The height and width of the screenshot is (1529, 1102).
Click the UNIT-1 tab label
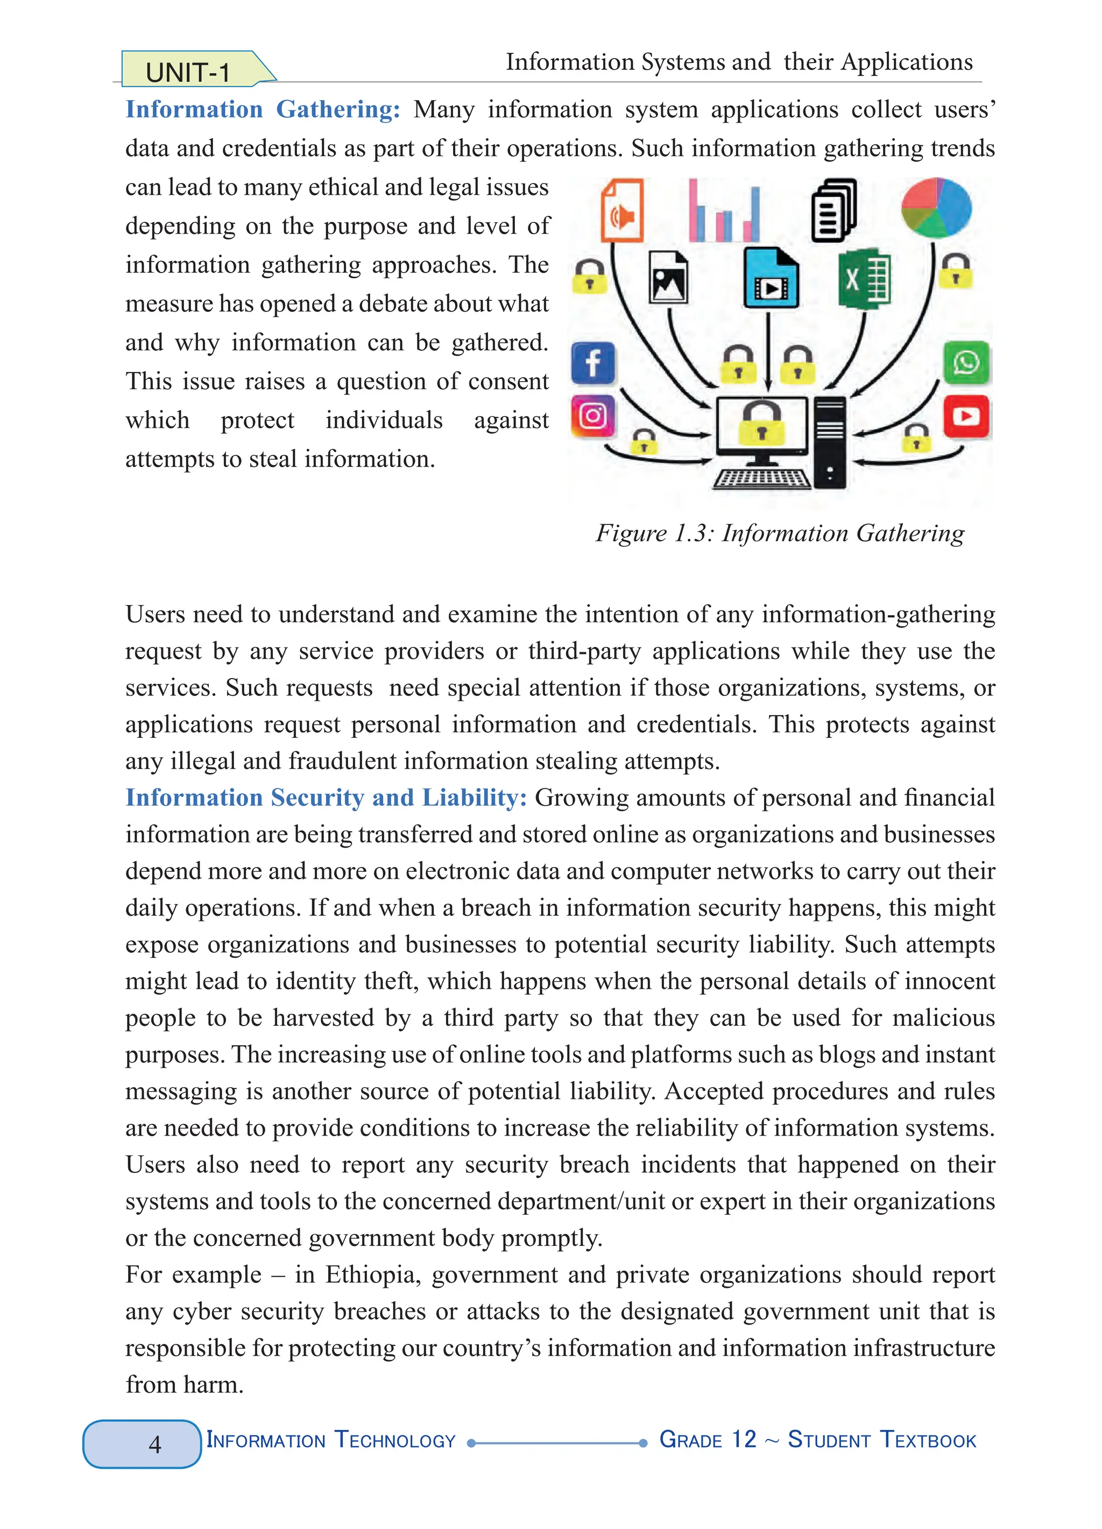[x=188, y=72]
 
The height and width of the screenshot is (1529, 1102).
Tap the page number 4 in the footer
[x=154, y=1444]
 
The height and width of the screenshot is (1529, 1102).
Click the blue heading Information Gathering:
[x=263, y=109]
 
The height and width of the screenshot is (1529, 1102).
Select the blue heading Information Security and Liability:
[x=326, y=798]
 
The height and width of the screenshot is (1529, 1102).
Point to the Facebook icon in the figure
[x=593, y=363]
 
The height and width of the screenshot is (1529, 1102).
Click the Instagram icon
[x=593, y=416]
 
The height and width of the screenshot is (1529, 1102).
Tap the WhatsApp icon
[x=966, y=363]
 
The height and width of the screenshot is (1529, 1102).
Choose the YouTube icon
[x=966, y=416]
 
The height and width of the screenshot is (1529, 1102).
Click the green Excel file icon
[x=864, y=280]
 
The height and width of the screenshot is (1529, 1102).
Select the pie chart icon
[x=936, y=207]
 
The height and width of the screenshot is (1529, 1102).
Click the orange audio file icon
[x=622, y=210]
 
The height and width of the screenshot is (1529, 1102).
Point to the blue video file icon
[x=771, y=278]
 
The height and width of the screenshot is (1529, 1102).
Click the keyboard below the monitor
[x=761, y=478]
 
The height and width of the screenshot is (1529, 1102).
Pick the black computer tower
[x=830, y=441]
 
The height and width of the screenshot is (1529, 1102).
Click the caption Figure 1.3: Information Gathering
[x=780, y=533]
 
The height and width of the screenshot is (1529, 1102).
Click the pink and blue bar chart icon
[x=724, y=212]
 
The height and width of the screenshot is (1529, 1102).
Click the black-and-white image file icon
[x=668, y=277]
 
